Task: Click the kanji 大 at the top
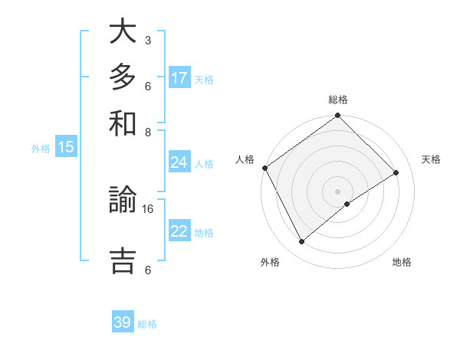coord(123,32)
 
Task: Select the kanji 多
coord(123,78)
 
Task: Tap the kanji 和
coord(123,123)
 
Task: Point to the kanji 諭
coord(123,203)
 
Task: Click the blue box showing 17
coord(179,78)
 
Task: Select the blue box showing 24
coord(179,162)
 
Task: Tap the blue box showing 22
coord(179,231)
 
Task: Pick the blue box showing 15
coord(66,148)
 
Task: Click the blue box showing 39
coord(123,322)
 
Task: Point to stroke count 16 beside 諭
coord(148,208)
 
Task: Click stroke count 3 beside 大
coord(147,40)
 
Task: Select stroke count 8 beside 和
coord(147,132)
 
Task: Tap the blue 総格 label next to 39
coord(147,324)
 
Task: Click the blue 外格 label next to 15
coord(41,149)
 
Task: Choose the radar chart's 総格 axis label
coord(338,100)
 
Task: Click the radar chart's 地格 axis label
coord(402,262)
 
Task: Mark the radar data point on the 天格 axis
coord(396,172)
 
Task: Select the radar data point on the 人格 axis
coord(264,168)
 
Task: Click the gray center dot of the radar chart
coord(338,191)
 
